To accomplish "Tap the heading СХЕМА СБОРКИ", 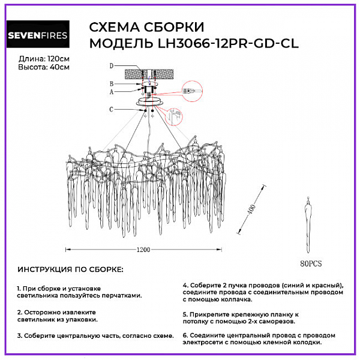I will pos(146,28).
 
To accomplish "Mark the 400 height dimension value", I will pos(247,212).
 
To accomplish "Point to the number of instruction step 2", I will pos(19,312).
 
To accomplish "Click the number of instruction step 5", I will pos(185,314).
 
